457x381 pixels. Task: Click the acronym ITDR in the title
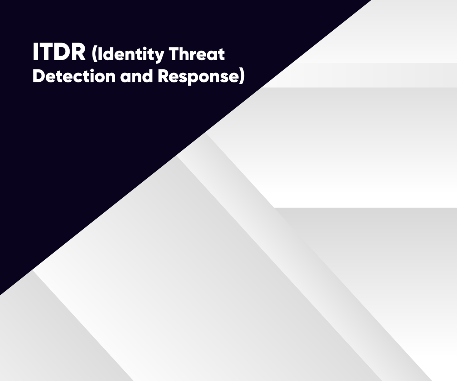click(59, 52)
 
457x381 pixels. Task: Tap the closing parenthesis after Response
click(242, 77)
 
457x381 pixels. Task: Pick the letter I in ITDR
click(35, 52)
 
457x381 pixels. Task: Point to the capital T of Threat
click(173, 54)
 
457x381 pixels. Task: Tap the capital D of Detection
click(39, 76)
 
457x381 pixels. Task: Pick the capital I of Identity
click(100, 54)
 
